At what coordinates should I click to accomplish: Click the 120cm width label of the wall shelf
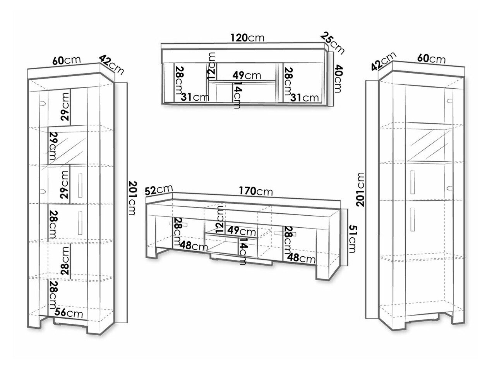point(247,38)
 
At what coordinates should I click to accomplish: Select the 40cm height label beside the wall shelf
point(337,79)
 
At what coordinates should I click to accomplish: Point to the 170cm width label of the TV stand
point(255,191)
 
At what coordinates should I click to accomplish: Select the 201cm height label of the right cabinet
point(361,190)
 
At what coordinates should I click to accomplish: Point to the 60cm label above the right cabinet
point(431,59)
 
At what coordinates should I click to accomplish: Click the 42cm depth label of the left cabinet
point(111,64)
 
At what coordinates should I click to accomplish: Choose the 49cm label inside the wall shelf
point(246,75)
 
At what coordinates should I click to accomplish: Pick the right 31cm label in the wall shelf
point(306,97)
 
